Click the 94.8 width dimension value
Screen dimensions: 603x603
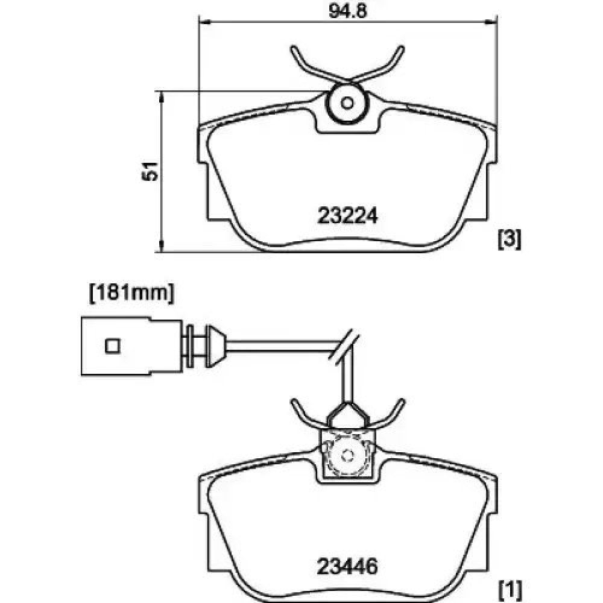[348, 11]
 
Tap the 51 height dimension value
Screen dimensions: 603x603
[150, 171]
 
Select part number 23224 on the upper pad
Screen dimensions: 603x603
[348, 216]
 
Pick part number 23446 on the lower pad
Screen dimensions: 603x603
[347, 566]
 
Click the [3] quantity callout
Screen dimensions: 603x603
[510, 239]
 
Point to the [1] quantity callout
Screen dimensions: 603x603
[510, 589]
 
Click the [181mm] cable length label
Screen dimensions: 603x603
[131, 294]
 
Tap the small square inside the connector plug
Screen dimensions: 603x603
[113, 346]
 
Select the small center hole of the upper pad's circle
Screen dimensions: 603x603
[347, 103]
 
